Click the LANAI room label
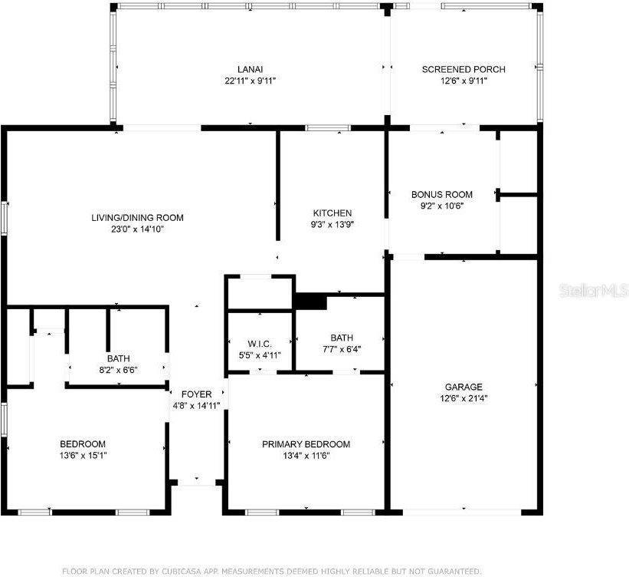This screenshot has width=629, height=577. pyautogui.click(x=250, y=69)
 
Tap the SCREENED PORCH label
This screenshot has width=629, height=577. pyautogui.click(x=464, y=69)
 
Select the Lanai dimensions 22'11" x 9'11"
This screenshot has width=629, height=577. pyautogui.click(x=250, y=81)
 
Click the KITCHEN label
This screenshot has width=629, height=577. pyautogui.click(x=332, y=213)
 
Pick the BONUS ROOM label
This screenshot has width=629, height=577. pyautogui.click(x=442, y=194)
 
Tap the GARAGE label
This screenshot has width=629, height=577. pyautogui.click(x=464, y=387)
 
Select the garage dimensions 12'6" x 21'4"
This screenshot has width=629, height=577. pyautogui.click(x=464, y=398)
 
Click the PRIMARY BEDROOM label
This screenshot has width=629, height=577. pyautogui.click(x=306, y=444)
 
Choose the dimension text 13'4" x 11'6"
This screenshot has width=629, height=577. pyautogui.click(x=306, y=456)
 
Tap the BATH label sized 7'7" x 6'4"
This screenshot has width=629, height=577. pyautogui.click(x=342, y=338)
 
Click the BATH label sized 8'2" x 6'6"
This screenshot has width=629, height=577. pyautogui.click(x=119, y=358)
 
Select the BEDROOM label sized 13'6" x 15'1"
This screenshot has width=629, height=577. pyautogui.click(x=83, y=444)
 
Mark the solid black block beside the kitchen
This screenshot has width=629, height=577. pyautogui.click(x=311, y=302)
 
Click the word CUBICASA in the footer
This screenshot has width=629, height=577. pyautogui.click(x=185, y=571)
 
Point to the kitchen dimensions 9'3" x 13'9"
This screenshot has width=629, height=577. pyautogui.click(x=332, y=225)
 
